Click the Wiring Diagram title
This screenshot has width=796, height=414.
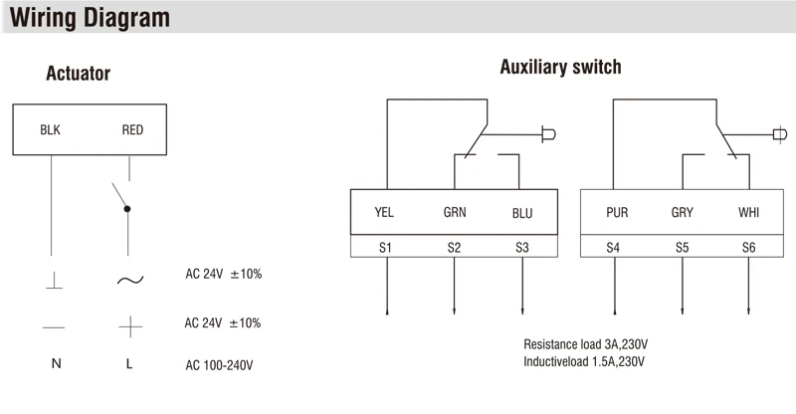[x=89, y=18]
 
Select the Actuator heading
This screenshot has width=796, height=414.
[x=78, y=75]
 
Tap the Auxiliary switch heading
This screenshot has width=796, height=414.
[x=560, y=68]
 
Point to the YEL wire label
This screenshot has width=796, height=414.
[x=384, y=212]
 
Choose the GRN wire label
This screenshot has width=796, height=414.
[x=454, y=212]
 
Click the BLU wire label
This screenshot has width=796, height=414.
[x=522, y=212]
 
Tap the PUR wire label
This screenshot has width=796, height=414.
[x=617, y=212]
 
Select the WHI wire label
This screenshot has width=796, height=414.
[x=748, y=212]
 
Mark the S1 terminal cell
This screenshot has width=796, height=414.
[x=385, y=246]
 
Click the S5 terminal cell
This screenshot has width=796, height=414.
[x=682, y=246]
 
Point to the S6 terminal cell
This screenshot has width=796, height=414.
[x=748, y=246]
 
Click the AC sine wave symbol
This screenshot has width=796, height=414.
[x=129, y=280]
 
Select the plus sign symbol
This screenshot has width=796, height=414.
[x=129, y=325]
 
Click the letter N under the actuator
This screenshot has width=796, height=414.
[x=56, y=364]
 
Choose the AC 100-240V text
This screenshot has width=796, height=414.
[x=220, y=364]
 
